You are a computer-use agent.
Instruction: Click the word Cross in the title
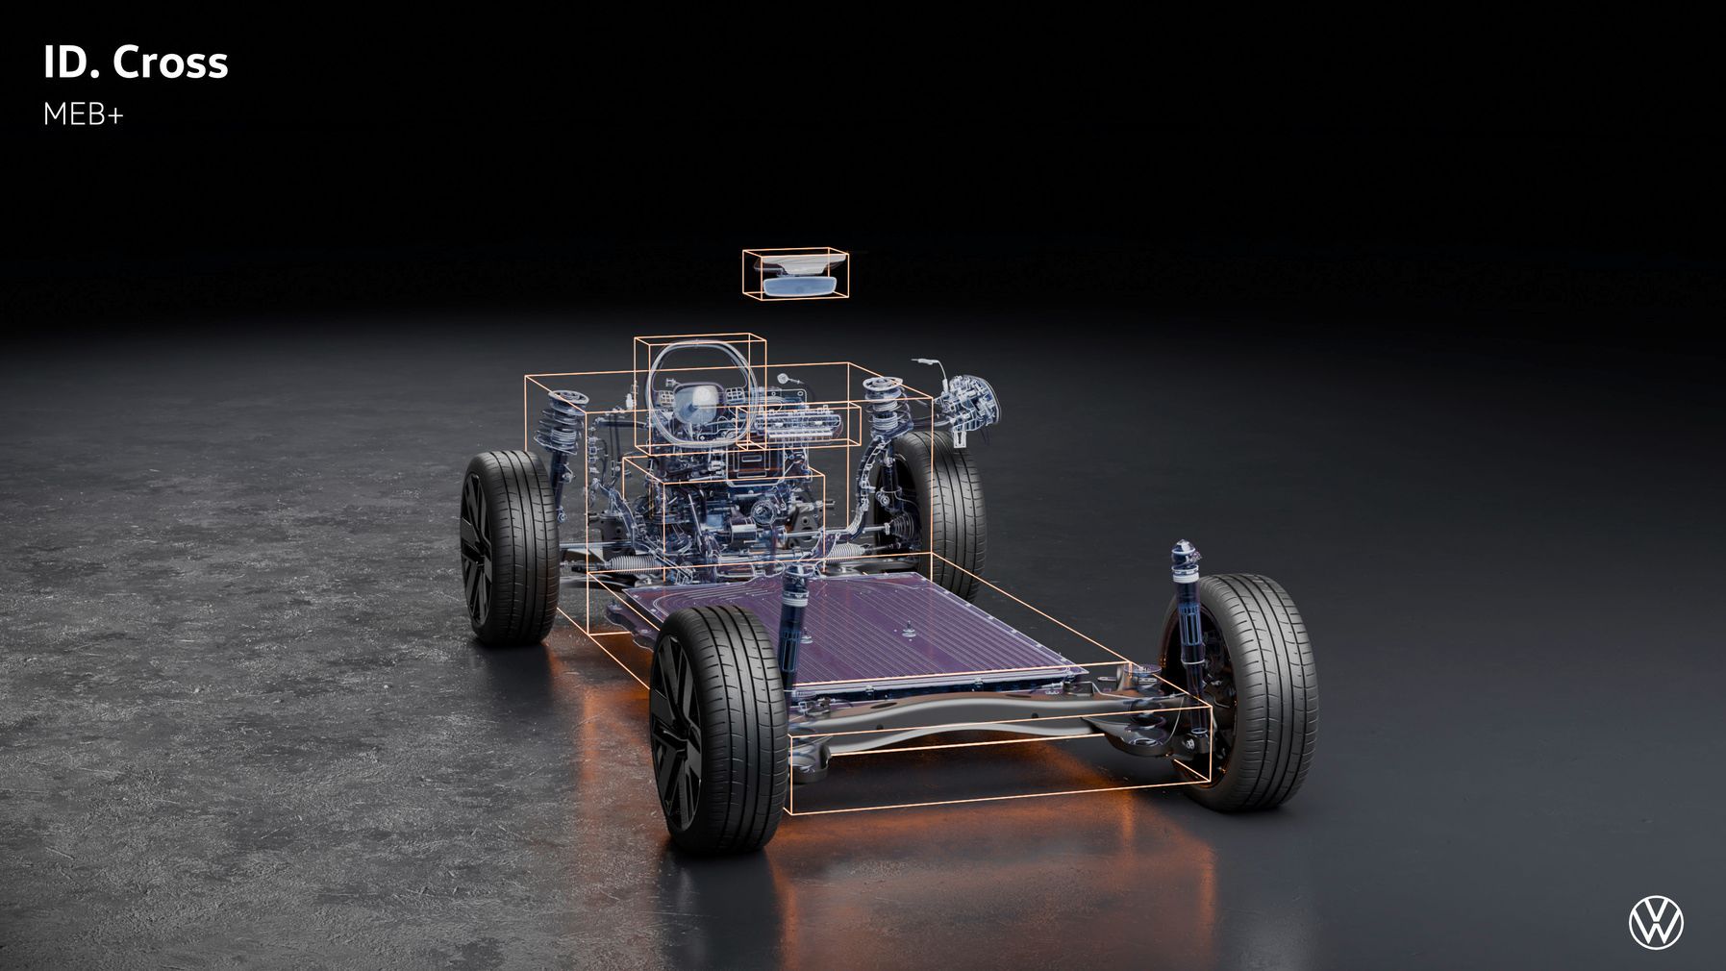(x=170, y=63)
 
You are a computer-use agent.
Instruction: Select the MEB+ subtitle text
(x=84, y=115)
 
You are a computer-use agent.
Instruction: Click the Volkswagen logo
(x=1656, y=923)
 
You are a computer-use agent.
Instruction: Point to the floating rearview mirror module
(x=796, y=274)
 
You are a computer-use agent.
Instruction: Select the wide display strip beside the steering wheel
(x=800, y=422)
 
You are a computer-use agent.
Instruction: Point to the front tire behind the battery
(x=947, y=510)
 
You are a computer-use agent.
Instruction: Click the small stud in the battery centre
(x=907, y=632)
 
